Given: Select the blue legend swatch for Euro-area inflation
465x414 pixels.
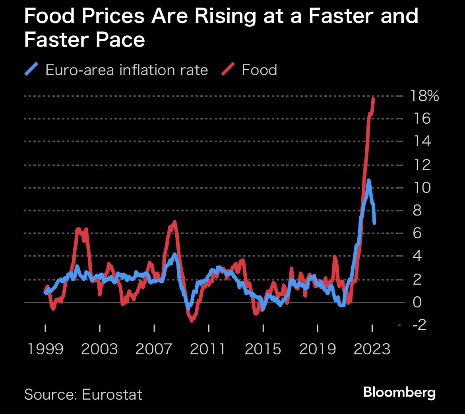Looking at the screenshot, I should (x=31, y=70).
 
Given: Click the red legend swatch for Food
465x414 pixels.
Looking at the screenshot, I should (x=228, y=70).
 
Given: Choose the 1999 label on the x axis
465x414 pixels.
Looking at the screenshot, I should (x=45, y=349).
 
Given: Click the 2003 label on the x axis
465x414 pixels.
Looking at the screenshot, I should (x=99, y=349).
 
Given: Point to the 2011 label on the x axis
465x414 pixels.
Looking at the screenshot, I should (x=208, y=349).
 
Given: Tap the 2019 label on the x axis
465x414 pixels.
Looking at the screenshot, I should (x=318, y=349).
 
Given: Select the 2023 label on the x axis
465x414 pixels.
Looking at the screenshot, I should (x=372, y=349).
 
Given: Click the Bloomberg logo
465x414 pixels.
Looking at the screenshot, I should (x=399, y=393).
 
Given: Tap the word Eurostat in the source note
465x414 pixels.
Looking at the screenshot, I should (x=112, y=395).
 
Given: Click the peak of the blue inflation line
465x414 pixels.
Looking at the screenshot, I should (x=369, y=181).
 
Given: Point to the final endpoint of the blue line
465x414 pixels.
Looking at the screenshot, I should (x=374, y=223).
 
